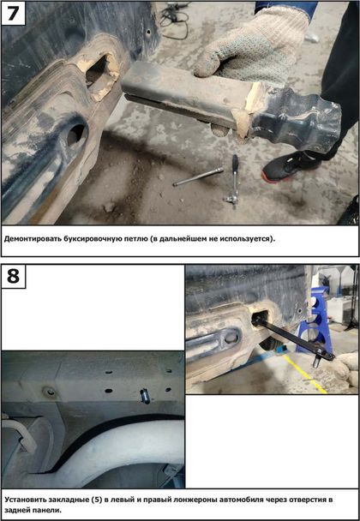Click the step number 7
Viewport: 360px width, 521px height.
click(x=13, y=14)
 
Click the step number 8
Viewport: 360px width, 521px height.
click(x=13, y=276)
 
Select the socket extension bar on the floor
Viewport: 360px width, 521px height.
click(x=198, y=177)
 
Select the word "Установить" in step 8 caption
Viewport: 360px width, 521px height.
click(x=24, y=500)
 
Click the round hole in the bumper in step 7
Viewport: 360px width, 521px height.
click(x=76, y=135)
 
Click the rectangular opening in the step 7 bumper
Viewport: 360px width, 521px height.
click(x=99, y=74)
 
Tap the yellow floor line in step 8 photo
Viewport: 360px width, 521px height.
click(x=305, y=374)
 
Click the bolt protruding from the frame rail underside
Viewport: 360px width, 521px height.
click(x=145, y=396)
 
